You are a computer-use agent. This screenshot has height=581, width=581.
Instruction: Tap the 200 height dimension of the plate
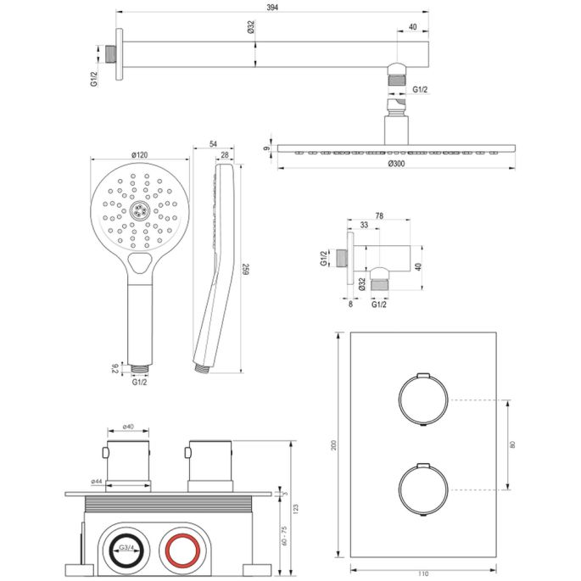[333, 445]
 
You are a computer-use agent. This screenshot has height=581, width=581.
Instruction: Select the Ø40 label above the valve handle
[126, 427]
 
